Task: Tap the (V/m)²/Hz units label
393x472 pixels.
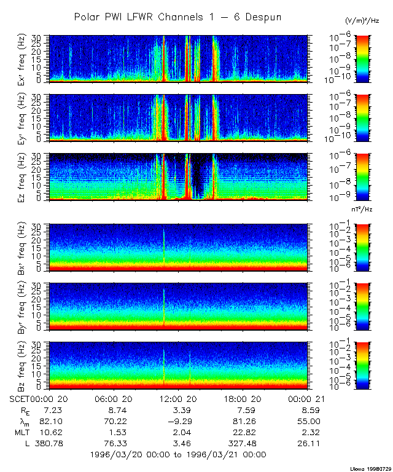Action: (362, 22)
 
